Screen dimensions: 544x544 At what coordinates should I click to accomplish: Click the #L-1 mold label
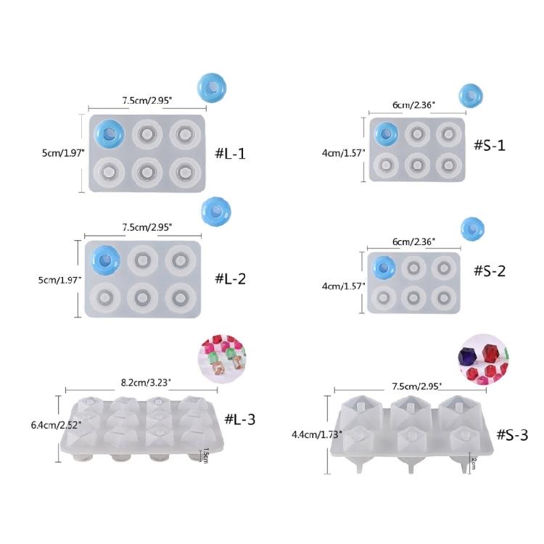click(231, 154)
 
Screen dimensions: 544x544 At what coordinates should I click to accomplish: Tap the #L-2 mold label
click(231, 279)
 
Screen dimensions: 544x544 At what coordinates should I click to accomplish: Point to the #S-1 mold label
click(489, 145)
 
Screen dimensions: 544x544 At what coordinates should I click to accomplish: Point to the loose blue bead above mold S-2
click(472, 228)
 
